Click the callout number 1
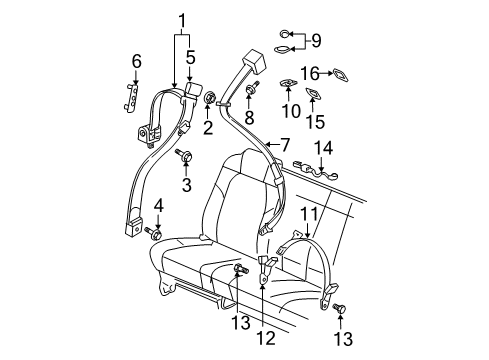point(182,19)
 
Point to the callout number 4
point(157,207)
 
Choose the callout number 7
point(285,145)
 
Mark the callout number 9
point(317,40)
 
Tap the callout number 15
point(321,122)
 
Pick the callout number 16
point(313,73)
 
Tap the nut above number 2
point(210,98)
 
